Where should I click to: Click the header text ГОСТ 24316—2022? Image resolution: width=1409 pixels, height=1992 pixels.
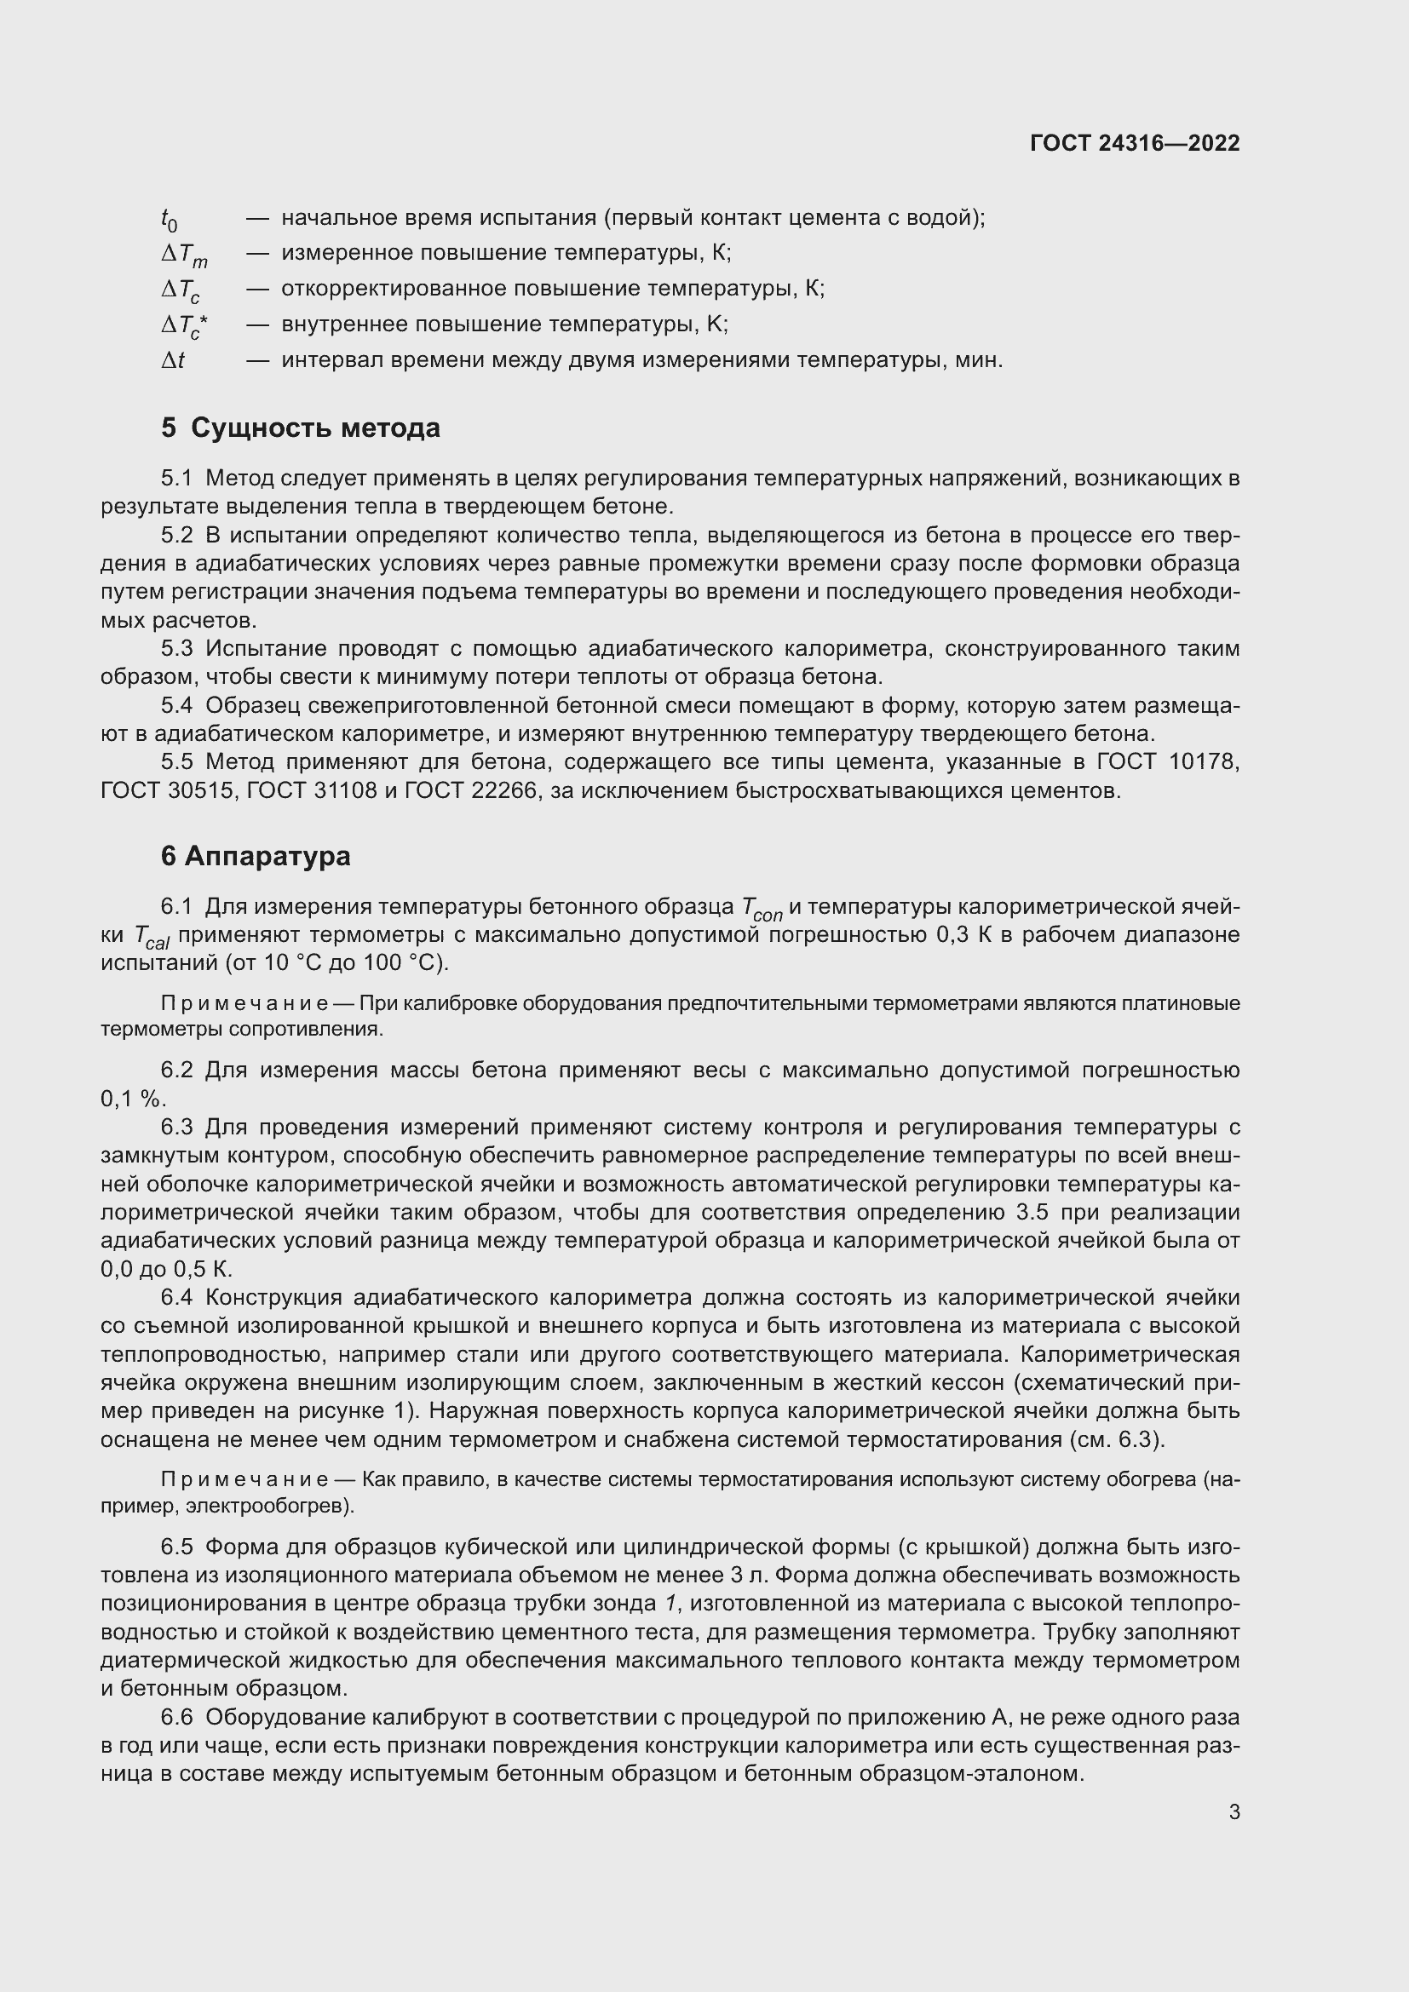[1134, 143]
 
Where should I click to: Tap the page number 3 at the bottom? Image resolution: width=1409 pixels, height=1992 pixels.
[1234, 1811]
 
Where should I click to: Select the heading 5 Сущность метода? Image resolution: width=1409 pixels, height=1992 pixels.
[300, 428]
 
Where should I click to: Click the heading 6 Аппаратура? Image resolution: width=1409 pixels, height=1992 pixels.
[256, 856]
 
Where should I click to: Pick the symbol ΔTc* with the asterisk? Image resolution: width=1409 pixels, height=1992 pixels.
[184, 326]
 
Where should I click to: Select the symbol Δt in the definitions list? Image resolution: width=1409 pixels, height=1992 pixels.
[173, 360]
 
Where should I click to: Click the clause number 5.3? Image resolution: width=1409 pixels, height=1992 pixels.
[177, 649]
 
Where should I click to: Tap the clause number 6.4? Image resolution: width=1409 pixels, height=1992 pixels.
[177, 1298]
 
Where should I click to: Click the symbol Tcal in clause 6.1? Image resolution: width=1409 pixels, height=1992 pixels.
[152, 937]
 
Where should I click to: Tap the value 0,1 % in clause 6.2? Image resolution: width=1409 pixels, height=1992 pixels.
[131, 1099]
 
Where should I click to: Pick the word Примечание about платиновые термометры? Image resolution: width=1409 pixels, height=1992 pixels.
[244, 1004]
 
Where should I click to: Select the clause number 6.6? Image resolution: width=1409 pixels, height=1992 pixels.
[177, 1717]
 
